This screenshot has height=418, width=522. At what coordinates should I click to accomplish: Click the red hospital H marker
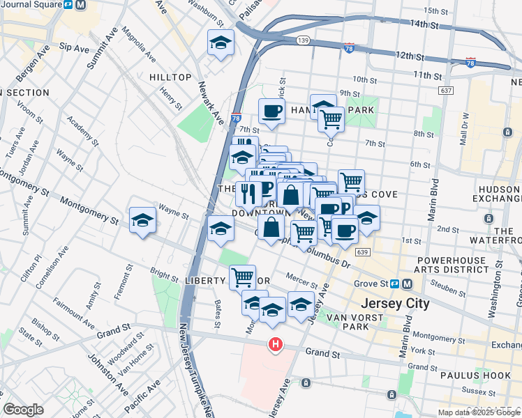point(276,344)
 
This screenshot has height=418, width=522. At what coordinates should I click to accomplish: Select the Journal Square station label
point(30,5)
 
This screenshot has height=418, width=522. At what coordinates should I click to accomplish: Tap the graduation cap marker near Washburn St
point(221,43)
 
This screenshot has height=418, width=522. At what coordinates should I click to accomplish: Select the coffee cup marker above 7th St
point(271,111)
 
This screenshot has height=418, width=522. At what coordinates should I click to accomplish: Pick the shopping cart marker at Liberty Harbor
point(242,277)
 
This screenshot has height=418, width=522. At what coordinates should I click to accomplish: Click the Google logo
point(23,410)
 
